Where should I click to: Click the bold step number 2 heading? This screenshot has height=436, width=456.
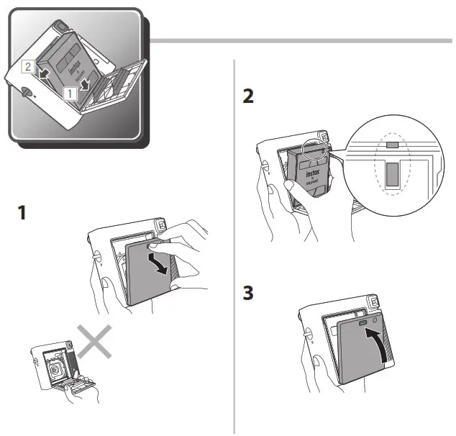click(248, 96)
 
